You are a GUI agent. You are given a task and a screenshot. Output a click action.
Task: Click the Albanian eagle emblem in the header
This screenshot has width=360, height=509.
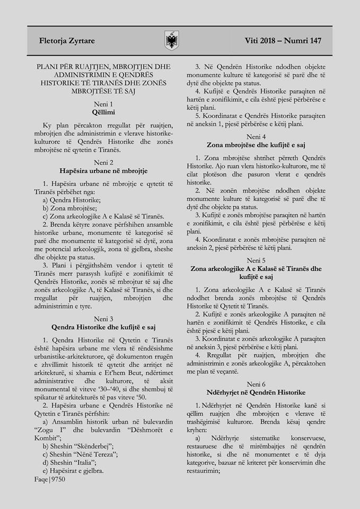(x=173, y=40)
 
